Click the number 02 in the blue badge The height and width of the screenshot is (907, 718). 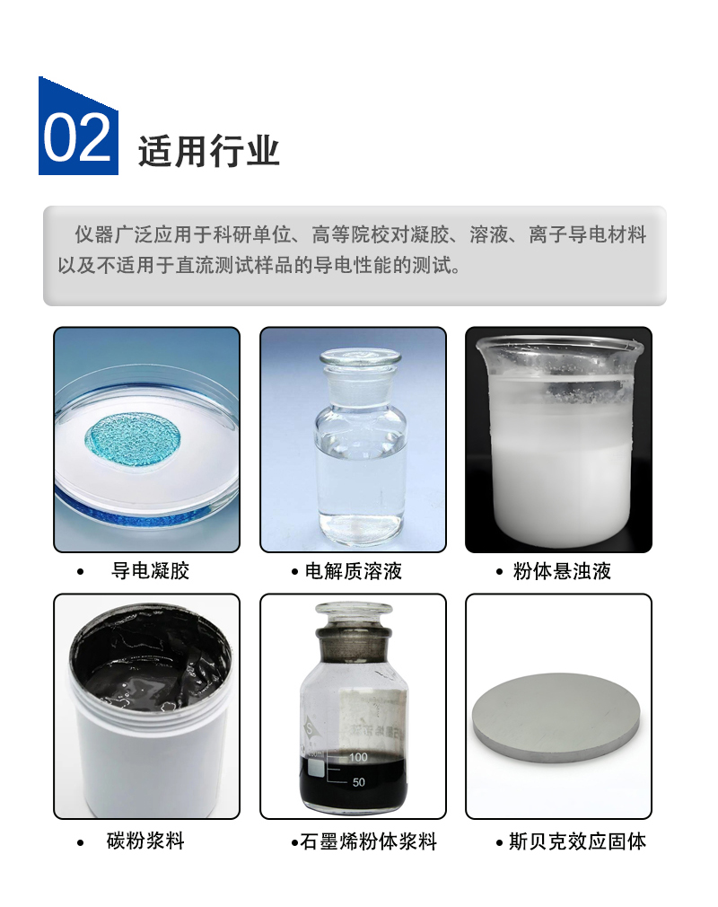[x=77, y=137]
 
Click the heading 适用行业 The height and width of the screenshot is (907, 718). [x=209, y=152]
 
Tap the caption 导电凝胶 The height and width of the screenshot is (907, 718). [x=150, y=571]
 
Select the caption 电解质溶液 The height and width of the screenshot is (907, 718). [x=354, y=571]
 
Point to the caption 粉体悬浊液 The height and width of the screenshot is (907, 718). [x=562, y=571]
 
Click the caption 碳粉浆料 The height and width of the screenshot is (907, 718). [x=145, y=841]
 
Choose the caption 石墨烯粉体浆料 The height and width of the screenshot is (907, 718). [x=368, y=841]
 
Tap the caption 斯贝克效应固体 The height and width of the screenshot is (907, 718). [x=577, y=841]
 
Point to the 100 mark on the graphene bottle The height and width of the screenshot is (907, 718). [x=358, y=757]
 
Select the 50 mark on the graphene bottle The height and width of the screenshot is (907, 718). [x=358, y=782]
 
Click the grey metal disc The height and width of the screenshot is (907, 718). [x=556, y=718]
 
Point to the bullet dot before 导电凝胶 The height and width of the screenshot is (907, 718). [x=81, y=572]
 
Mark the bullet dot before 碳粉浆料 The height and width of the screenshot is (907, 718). [x=81, y=842]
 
